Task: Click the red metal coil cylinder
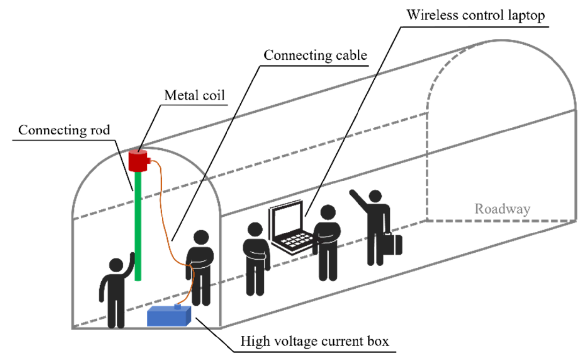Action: pyautogui.click(x=138, y=161)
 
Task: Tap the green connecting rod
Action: pyautogui.click(x=138, y=225)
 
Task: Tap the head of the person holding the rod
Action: pyautogui.click(x=116, y=265)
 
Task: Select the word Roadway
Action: pyautogui.click(x=502, y=209)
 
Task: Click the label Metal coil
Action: pyautogui.click(x=195, y=96)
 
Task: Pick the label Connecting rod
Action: pyautogui.click(x=64, y=130)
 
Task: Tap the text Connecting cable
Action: pyautogui.click(x=315, y=55)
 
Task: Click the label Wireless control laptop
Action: pyautogui.click(x=475, y=15)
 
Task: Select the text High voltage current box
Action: pyautogui.click(x=314, y=341)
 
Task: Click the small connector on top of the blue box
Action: pyautogui.click(x=177, y=307)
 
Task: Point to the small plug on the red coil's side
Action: pyautogui.click(x=149, y=161)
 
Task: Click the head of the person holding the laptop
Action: pyautogui.click(x=328, y=212)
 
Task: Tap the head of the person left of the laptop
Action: pyautogui.click(x=255, y=229)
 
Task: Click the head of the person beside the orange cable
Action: pyautogui.click(x=201, y=237)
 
